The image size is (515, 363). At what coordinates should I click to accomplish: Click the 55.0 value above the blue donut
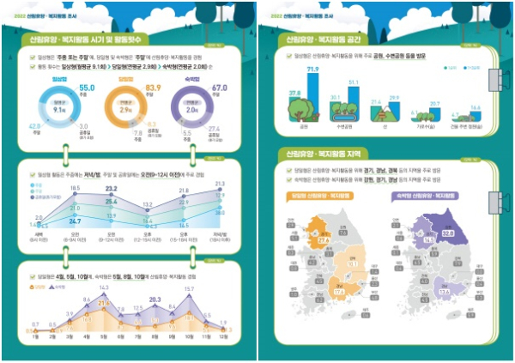pos(87,88)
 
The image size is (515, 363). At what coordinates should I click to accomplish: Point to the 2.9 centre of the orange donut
pos(125,112)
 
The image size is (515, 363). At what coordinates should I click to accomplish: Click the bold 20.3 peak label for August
pos(155,299)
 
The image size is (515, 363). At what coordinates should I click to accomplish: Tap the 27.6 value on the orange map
pos(324,241)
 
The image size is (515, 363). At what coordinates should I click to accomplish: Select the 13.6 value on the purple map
pos(444,292)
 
